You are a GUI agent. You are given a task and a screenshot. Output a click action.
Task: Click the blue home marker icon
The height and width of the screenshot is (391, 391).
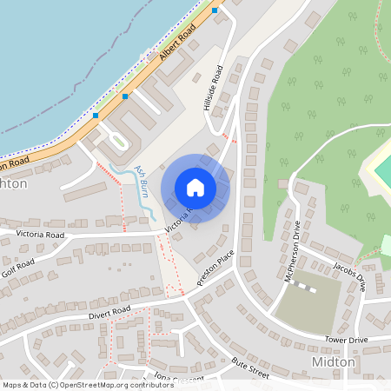(195, 188)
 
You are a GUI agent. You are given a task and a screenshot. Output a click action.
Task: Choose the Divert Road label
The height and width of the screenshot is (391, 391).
(109, 310)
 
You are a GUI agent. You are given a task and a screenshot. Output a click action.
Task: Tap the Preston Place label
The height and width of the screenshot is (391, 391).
(215, 265)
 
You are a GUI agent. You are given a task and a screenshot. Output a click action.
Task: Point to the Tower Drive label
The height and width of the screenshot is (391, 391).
(347, 339)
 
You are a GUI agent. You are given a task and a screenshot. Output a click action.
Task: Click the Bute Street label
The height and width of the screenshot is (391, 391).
(250, 370)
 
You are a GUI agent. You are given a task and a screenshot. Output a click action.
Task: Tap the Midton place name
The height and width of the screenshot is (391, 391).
(333, 361)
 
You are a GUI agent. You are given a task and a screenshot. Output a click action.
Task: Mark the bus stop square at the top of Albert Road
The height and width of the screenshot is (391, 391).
(215, 10)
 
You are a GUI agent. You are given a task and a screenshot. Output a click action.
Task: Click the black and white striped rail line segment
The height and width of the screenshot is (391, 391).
(302, 283)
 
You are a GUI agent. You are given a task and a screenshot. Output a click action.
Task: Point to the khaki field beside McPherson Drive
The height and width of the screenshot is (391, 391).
(308, 304)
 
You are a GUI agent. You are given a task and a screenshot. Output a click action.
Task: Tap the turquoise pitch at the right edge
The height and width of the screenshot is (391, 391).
(383, 170)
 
